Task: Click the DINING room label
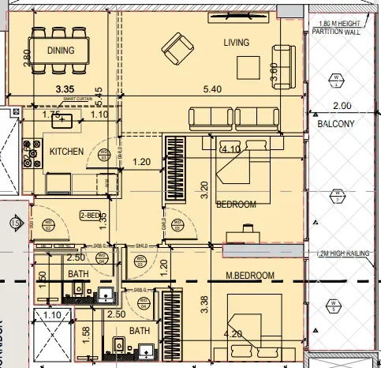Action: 61,51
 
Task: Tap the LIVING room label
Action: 236,42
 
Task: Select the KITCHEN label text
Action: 67,150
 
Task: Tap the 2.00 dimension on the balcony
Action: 342,106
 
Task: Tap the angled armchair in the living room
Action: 176,52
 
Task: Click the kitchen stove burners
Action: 32,152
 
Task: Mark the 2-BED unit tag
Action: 89,214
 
